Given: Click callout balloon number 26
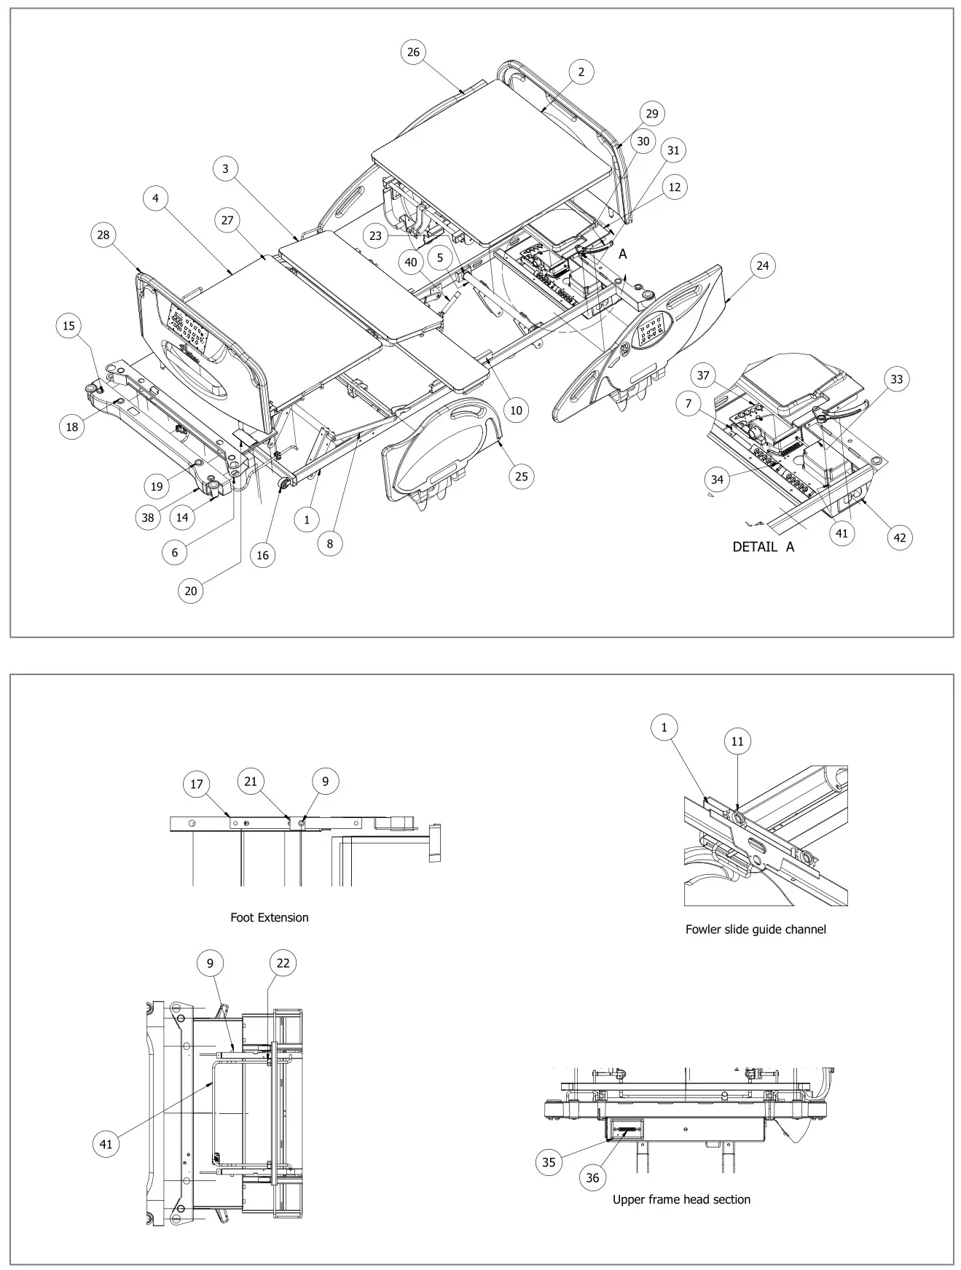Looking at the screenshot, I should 413,52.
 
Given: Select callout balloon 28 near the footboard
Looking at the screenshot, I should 103,235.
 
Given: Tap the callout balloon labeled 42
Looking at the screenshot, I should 899,537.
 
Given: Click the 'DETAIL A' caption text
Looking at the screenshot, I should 763,547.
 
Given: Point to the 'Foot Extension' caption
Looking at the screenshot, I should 269,917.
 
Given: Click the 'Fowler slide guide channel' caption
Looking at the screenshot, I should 756,929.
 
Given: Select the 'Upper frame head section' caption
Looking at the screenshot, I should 680,1199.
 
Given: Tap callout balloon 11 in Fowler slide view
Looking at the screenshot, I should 737,741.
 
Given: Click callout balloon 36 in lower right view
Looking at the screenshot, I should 592,1177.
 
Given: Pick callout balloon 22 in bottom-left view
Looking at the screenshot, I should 283,963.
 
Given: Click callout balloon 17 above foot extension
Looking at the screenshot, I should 196,784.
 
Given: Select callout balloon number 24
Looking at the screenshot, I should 762,265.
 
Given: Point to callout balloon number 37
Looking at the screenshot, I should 703,375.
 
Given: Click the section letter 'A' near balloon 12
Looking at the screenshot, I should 622,254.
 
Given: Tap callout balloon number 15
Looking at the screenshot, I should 68,326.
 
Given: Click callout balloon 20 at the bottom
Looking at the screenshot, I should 190,591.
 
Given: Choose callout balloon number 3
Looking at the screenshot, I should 225,169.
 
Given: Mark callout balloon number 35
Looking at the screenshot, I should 549,1162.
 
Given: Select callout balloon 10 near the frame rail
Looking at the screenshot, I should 516,410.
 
